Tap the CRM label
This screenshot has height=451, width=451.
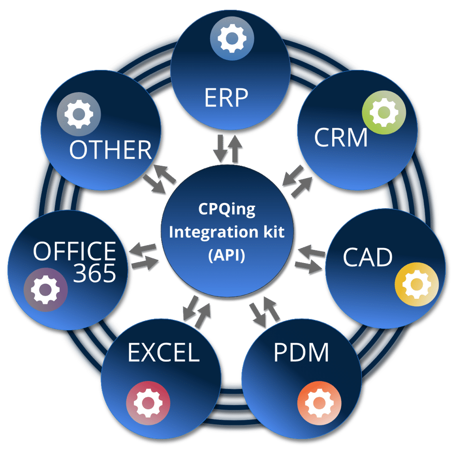pos(341,137)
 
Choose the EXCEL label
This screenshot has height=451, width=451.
pos(163,353)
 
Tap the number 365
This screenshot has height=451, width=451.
pos(94,273)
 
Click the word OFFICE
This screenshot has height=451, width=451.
pos(74,252)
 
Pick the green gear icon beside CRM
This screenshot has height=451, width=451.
pos(384,113)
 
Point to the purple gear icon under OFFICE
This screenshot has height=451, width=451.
pos(46,290)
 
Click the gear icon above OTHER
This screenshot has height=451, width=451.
pos(79,114)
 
